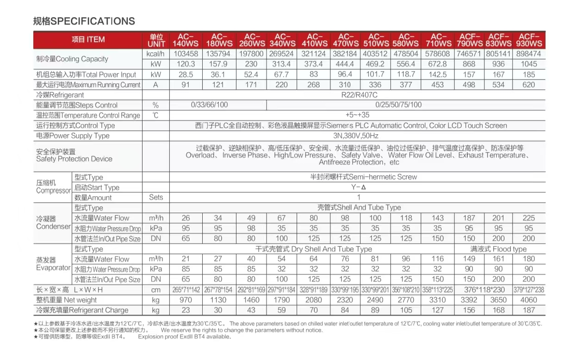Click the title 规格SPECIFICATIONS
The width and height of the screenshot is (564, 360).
tap(84, 21)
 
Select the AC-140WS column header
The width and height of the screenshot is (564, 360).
tap(186, 40)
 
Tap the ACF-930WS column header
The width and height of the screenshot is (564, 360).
tap(530, 40)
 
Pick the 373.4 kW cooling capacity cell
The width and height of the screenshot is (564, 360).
tap(314, 64)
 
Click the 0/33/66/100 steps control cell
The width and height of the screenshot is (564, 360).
tap(210, 105)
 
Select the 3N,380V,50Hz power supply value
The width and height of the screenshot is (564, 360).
tap(356, 136)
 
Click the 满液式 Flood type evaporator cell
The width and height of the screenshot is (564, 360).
tap(498, 249)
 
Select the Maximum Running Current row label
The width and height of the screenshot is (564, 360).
tap(88, 85)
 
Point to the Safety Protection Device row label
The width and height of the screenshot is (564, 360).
tap(74, 155)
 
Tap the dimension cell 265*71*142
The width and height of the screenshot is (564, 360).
tap(186, 290)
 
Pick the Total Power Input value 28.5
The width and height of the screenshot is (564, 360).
tap(186, 74)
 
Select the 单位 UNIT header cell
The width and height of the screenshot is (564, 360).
tap(156, 40)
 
